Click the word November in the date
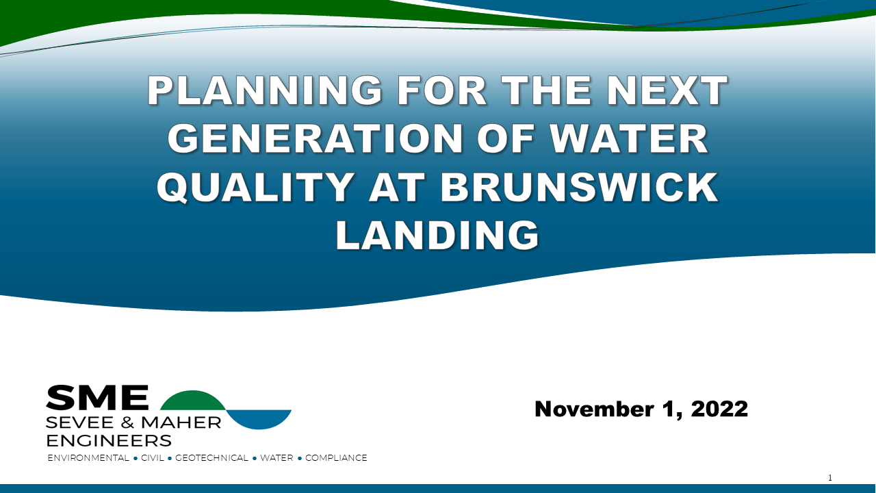pos(594,409)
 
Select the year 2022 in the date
pos(719,409)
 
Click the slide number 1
pos(830,478)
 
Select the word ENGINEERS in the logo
pos(108,440)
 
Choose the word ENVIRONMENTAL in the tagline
pos(88,458)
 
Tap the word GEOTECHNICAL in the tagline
pos(211,458)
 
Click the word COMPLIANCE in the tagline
pos(336,458)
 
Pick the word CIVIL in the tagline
pos(153,458)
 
